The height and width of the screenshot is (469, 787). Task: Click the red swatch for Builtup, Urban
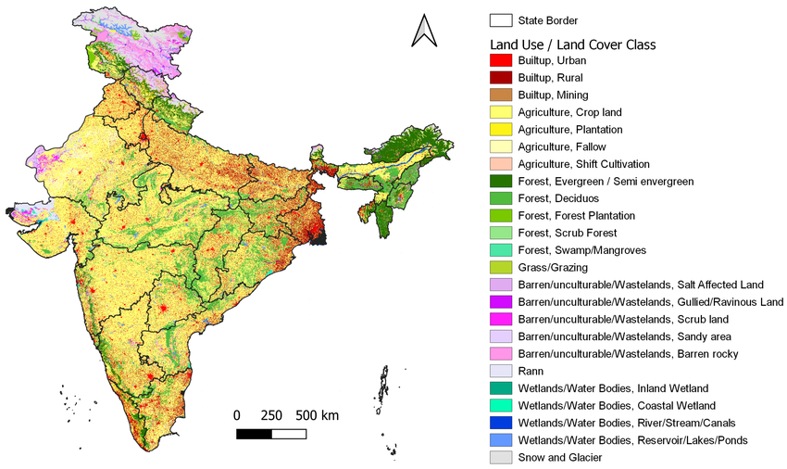pos(501,60)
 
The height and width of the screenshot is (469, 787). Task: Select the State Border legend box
pos(501,19)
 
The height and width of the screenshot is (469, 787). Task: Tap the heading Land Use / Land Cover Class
pos(572,44)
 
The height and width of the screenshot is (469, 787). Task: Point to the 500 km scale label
pos(318,414)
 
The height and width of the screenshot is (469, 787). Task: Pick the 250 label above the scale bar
pos(271,414)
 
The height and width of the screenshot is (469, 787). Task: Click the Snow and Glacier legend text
pos(560,457)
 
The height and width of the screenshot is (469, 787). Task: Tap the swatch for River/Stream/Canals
pos(501,423)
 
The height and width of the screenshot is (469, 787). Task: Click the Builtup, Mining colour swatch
pos(501,95)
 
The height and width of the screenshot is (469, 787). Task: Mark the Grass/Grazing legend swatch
pos(501,267)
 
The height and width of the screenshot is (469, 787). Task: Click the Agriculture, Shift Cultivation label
pos(583,164)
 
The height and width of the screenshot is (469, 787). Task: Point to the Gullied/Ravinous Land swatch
pos(501,302)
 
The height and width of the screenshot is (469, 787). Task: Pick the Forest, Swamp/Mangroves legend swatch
pos(501,250)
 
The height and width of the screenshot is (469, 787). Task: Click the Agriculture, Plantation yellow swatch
pos(501,129)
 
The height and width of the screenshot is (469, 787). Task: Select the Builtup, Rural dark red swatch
pos(501,78)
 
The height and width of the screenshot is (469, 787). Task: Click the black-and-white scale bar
pos(271,433)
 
